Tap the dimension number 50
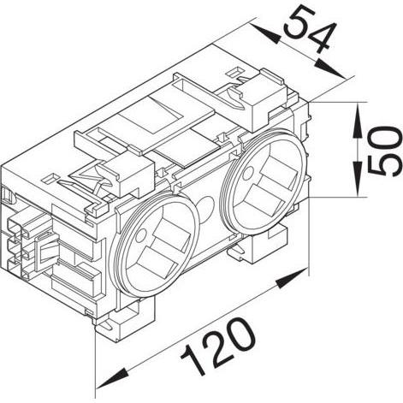coord(383,151)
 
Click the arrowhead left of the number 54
coord(264,33)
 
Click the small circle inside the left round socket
coord(140,235)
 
